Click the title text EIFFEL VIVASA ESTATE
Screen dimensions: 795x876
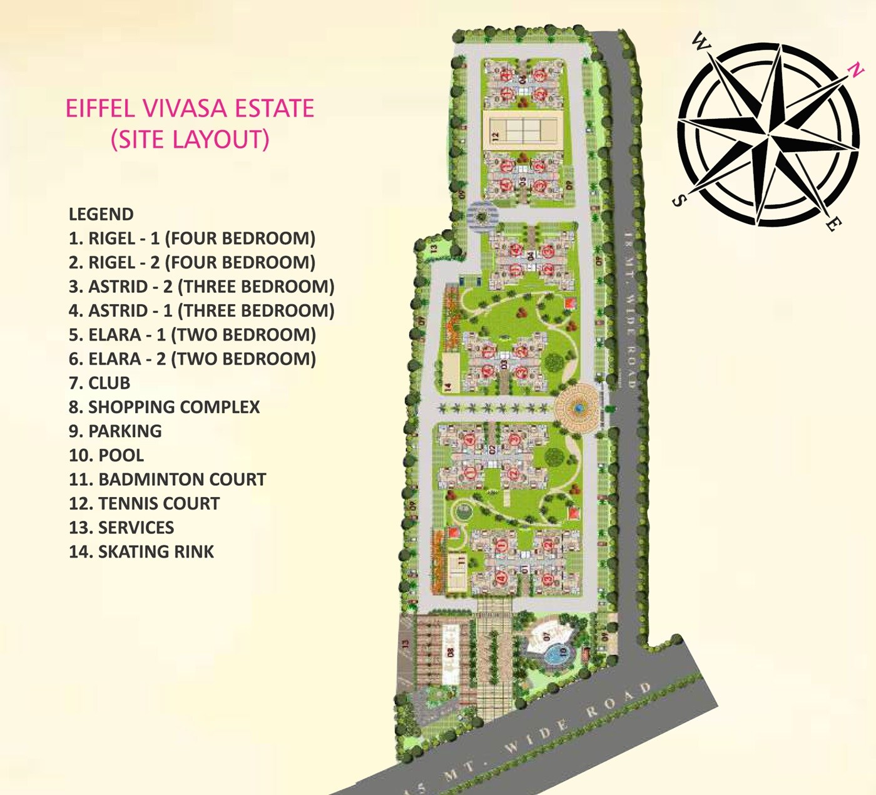[x=190, y=108]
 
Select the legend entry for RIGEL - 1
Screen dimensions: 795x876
[x=191, y=238]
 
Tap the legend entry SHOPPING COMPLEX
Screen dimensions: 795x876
[x=164, y=407]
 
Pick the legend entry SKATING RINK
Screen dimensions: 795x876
[x=141, y=551]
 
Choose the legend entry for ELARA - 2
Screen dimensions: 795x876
[x=192, y=359]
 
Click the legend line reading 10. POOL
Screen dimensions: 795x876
[x=106, y=455]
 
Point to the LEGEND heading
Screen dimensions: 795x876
[x=101, y=214]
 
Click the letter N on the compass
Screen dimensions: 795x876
[x=855, y=69]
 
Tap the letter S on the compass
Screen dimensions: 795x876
[x=678, y=200]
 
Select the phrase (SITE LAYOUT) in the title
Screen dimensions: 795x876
[x=190, y=139]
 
